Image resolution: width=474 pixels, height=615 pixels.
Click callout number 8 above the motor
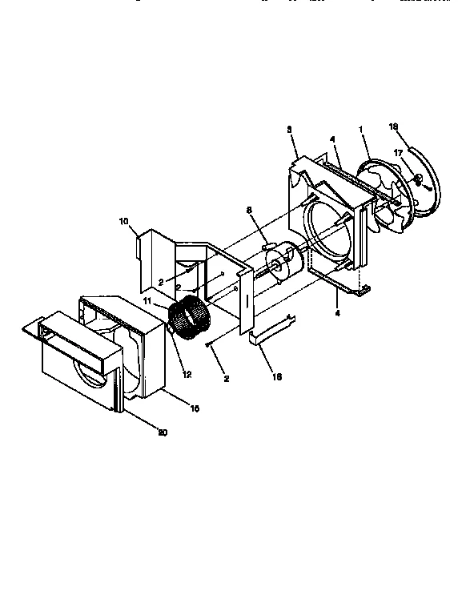pyautogui.click(x=249, y=210)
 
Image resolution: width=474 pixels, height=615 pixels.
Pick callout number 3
pyautogui.click(x=289, y=129)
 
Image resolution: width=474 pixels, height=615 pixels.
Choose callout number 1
pyautogui.click(x=360, y=129)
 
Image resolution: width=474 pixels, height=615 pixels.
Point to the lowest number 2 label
pyautogui.click(x=227, y=378)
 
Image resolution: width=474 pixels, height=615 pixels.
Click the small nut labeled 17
pyautogui.click(x=420, y=177)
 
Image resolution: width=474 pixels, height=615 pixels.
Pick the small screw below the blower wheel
pyautogui.click(x=209, y=344)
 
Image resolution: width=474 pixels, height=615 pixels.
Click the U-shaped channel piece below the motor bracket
pyautogui.click(x=268, y=330)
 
